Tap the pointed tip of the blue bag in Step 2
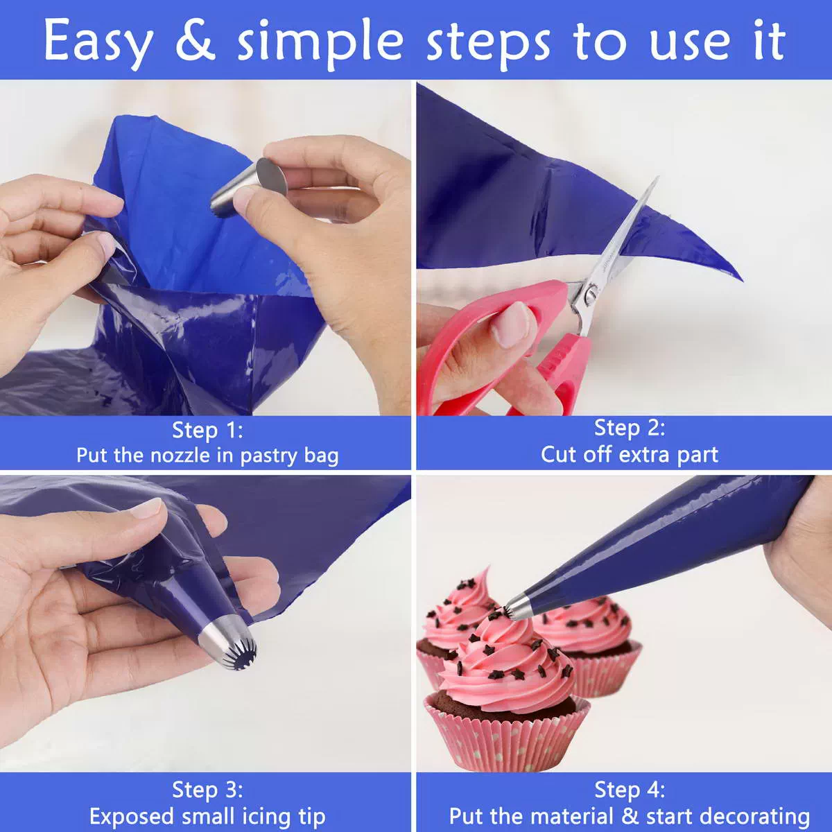pyautogui.click(x=741, y=280)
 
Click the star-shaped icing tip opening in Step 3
pyautogui.click(x=243, y=658)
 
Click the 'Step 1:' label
pyautogui.click(x=207, y=431)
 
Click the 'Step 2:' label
pyautogui.click(x=630, y=428)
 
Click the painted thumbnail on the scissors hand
pyautogui.click(x=512, y=323)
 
